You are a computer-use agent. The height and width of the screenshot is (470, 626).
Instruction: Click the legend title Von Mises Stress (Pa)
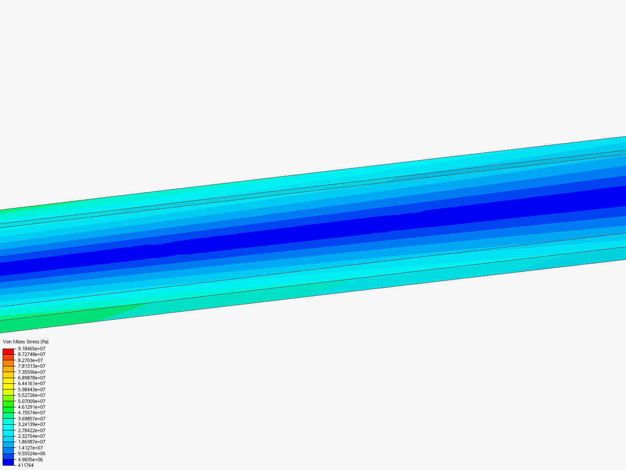26,342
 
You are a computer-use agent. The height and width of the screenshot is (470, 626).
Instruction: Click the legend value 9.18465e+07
31,349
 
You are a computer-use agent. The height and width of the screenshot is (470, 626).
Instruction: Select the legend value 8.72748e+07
31,354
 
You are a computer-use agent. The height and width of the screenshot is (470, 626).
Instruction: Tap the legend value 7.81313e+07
31,366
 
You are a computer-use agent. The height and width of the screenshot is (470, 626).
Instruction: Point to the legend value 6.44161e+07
31,383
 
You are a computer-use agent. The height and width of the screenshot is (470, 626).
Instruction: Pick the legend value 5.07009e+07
31,401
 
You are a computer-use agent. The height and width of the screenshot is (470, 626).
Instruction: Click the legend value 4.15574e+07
31,413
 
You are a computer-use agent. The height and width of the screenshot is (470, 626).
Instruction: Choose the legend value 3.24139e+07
31,424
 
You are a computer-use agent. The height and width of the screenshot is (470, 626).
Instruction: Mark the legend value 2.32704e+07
31,436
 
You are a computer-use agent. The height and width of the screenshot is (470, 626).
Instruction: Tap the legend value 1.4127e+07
30,448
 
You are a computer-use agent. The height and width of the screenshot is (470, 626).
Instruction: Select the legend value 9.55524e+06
31,453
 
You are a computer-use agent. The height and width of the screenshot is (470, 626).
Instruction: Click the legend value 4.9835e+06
30,460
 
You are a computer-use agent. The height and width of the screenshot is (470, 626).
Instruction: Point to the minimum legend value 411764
26,465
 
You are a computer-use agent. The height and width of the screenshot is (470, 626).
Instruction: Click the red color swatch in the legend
8,351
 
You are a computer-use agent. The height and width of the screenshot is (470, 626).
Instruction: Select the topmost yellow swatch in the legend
8,380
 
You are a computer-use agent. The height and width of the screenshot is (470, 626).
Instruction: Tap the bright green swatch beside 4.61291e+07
8,410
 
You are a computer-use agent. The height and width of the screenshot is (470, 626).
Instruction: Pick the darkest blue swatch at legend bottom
8,462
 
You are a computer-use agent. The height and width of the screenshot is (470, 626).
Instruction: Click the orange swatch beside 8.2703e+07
8,363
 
